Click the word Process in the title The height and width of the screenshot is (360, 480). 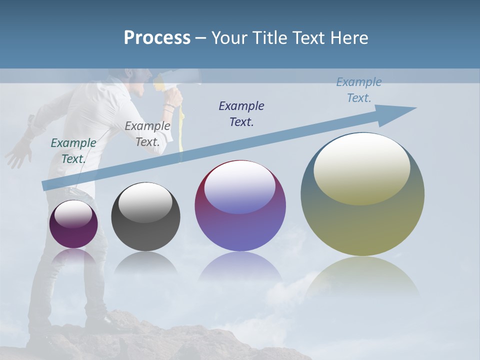coord(157,37)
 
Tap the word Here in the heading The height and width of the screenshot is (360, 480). coord(349,37)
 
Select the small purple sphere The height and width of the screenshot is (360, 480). coord(73,224)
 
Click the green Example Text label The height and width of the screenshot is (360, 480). coord(73,150)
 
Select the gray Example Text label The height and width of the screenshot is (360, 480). coord(147,133)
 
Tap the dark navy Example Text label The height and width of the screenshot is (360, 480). coord(241,113)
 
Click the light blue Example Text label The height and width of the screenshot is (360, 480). coord(359,89)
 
